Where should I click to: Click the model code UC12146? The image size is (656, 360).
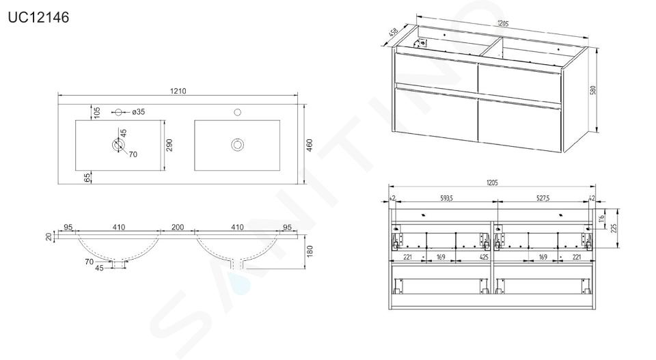coord(38,18)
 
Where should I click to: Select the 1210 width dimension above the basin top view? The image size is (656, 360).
coord(178,91)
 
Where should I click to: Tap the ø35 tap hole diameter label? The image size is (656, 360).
coord(139,111)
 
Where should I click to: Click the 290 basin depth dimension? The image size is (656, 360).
coord(169,145)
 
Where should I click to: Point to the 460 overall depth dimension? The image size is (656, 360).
coord(310,145)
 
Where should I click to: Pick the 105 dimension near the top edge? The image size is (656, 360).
coord(97,113)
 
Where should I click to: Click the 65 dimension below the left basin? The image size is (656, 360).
coord(87,178)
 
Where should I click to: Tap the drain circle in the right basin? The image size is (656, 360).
coord(238,145)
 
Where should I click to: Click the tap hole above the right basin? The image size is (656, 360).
coord(238,112)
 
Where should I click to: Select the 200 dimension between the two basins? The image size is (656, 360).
coord(178,227)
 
